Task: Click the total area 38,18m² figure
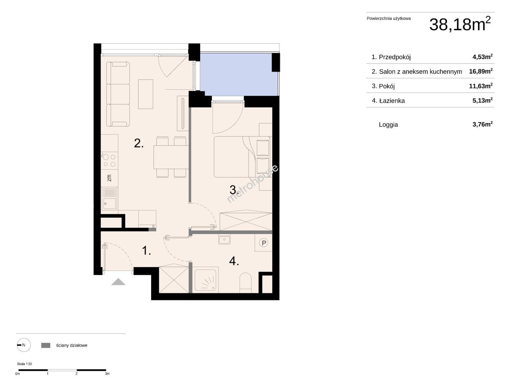[460, 24]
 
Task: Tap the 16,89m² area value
[481, 71]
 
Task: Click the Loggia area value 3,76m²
[482, 124]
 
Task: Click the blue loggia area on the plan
[238, 74]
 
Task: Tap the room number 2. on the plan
[139, 143]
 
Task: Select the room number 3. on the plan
[234, 190]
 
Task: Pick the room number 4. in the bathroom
[234, 261]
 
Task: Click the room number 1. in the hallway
[146, 250]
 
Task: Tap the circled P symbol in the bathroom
[264, 243]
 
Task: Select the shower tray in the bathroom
[205, 280]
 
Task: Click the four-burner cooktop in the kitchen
[109, 160]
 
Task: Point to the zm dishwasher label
[109, 178]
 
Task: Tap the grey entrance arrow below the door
[118, 282]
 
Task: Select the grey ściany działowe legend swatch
[45, 345]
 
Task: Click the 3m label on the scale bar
[107, 374]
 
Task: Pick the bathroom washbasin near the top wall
[224, 240]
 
